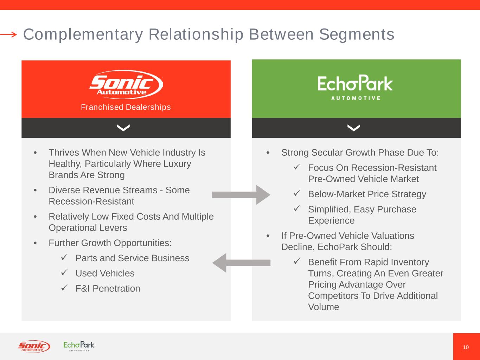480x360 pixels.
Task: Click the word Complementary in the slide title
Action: [x=83, y=34]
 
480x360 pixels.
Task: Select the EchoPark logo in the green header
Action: [x=355, y=87]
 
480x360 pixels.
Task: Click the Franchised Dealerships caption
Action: [x=126, y=107]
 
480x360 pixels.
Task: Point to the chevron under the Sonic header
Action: [x=123, y=128]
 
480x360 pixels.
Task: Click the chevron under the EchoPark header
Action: [x=353, y=128]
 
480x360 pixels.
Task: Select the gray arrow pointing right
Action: [x=241, y=195]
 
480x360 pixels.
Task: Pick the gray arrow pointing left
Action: [x=241, y=263]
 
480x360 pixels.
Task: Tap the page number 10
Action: [x=466, y=347]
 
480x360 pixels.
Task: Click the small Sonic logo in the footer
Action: [x=34, y=347]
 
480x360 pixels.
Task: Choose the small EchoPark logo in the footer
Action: [x=79, y=346]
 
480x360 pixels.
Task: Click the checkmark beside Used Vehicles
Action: [x=64, y=272]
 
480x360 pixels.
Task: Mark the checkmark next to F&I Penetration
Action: [x=64, y=288]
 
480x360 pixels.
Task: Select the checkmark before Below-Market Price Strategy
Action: [x=296, y=193]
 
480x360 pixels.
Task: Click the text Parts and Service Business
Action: [x=132, y=258]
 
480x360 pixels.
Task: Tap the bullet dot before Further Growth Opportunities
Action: [x=35, y=243]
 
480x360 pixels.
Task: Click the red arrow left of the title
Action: [x=8, y=34]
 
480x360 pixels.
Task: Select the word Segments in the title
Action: [x=357, y=34]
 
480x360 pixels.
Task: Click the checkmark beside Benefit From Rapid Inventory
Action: [x=296, y=261]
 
